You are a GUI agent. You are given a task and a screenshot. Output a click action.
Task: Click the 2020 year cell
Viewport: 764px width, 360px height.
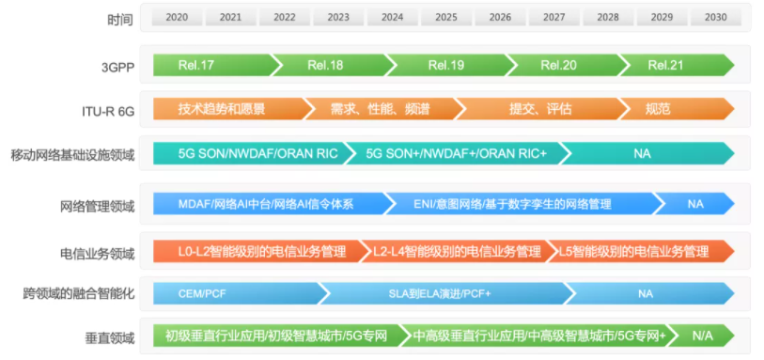(x=177, y=18)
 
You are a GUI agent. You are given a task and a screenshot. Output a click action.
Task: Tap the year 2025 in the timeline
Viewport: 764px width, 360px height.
(x=446, y=18)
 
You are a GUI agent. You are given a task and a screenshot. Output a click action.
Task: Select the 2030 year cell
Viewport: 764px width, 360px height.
(x=716, y=18)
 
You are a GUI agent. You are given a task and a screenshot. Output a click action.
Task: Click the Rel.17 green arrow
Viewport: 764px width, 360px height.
(x=212, y=65)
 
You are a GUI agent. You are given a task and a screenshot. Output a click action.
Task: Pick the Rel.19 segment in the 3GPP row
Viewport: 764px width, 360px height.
(x=446, y=65)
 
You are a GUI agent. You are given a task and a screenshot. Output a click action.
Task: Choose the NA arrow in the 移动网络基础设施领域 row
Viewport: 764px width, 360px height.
(x=647, y=153)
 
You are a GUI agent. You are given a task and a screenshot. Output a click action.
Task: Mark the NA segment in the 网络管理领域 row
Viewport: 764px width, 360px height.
(x=694, y=204)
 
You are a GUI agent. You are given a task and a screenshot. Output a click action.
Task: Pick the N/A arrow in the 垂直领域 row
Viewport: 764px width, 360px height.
(x=701, y=336)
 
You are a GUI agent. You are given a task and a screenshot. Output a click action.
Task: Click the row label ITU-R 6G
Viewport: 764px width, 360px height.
(x=108, y=112)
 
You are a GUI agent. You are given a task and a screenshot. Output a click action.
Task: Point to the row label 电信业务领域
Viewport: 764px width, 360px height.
(x=97, y=254)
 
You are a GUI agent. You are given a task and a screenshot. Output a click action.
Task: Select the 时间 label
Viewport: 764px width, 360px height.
(x=120, y=20)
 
